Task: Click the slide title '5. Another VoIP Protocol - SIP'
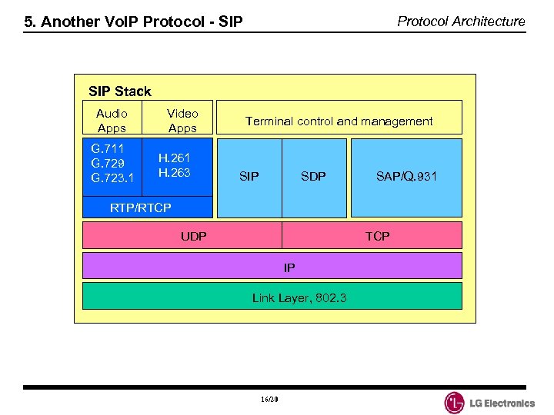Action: coord(133,22)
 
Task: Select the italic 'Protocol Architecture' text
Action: coord(461,21)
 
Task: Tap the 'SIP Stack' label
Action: coord(120,91)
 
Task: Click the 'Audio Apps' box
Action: coord(112,121)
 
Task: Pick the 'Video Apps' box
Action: coord(182,121)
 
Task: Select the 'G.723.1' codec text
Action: coord(112,178)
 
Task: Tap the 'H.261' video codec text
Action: coord(174,158)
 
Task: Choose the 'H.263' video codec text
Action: coord(174,172)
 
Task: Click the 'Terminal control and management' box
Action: coord(339,121)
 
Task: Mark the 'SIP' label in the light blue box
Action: coord(249,177)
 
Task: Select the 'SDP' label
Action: coord(313,177)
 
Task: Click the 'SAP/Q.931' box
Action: coord(406,177)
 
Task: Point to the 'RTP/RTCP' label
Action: coord(141,207)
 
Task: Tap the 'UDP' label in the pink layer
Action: coord(193,236)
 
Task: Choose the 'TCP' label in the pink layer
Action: coord(377,236)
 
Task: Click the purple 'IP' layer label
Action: coord(289,267)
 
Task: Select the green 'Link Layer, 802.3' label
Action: coord(299,297)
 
